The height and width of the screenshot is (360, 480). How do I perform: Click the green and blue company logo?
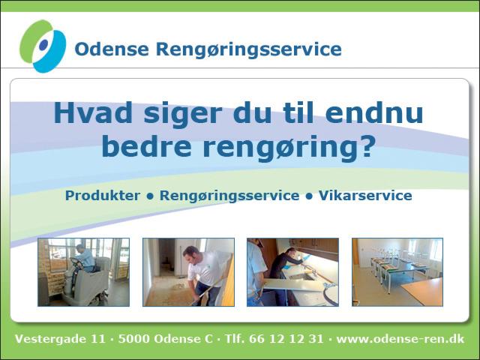click(43, 46)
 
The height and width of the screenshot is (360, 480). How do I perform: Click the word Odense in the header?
click(112, 49)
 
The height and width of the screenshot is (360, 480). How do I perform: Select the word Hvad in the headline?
click(93, 112)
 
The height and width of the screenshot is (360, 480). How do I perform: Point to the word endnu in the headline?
click(374, 112)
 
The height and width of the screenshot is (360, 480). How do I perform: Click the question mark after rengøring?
click(367, 146)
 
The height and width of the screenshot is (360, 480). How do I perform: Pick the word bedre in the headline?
click(146, 146)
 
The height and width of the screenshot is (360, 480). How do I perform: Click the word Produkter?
click(103, 196)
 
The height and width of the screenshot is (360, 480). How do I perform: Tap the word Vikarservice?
click(365, 196)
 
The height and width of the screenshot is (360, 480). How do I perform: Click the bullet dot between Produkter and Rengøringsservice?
click(150, 196)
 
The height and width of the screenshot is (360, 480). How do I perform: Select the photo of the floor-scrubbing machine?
click(83, 272)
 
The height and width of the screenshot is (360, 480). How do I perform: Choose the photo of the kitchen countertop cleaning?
click(292, 272)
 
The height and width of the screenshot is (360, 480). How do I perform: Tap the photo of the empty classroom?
click(397, 272)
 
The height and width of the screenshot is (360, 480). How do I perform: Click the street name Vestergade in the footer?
click(51, 339)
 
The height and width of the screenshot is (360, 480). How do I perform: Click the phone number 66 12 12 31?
click(286, 339)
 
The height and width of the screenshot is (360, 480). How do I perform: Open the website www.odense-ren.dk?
click(400, 339)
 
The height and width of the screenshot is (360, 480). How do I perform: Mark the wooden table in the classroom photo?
click(423, 292)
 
